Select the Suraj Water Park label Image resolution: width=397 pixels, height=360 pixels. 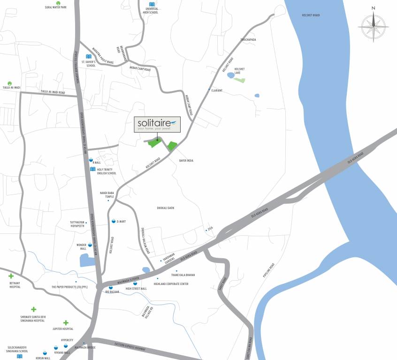click(x=56, y=7)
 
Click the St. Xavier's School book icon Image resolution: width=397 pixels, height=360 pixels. click(x=88, y=57)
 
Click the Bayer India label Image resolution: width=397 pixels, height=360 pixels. click(x=186, y=160)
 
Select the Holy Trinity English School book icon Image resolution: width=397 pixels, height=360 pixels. click(x=93, y=169)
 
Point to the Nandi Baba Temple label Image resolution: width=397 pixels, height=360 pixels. click(x=107, y=195)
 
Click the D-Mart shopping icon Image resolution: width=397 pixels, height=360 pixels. click(x=114, y=221)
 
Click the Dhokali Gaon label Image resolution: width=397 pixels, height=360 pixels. click(x=166, y=208)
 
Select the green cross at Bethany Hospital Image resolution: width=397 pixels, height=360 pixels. click(x=11, y=276)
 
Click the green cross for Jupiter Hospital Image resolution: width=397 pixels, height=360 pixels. click(x=66, y=322)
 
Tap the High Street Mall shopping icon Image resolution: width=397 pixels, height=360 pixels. click(x=135, y=284)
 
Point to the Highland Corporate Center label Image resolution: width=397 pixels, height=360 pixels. click(x=171, y=284)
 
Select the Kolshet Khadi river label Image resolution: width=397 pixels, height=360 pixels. click(x=311, y=15)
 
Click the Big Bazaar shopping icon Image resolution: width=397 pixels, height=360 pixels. click(x=111, y=287)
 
